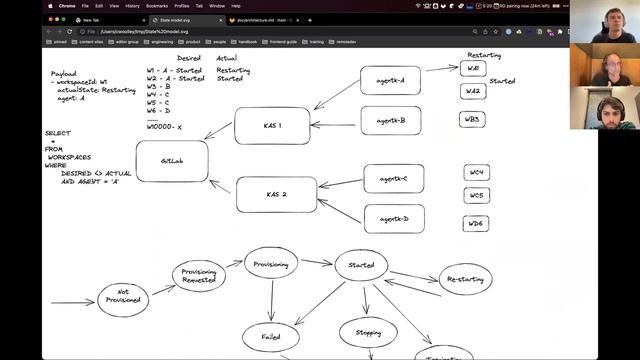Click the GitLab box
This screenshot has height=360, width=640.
[172, 161]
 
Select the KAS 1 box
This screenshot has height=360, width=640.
[272, 126]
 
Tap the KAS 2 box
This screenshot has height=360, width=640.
[276, 194]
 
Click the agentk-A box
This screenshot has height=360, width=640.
[390, 80]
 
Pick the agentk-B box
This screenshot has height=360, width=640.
[390, 121]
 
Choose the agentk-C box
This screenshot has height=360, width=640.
[393, 179]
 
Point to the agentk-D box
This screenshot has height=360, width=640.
[393, 218]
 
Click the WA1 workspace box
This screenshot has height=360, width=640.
[474, 69]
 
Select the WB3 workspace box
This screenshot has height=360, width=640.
[474, 119]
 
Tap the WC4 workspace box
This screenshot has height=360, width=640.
[477, 173]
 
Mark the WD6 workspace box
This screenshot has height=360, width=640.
[477, 223]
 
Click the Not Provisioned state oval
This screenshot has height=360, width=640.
[129, 298]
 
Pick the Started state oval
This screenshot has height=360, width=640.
[360, 265]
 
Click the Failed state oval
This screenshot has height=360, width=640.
[270, 338]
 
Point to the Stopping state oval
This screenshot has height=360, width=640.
[368, 332]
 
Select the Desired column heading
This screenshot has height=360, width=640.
[188, 58]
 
